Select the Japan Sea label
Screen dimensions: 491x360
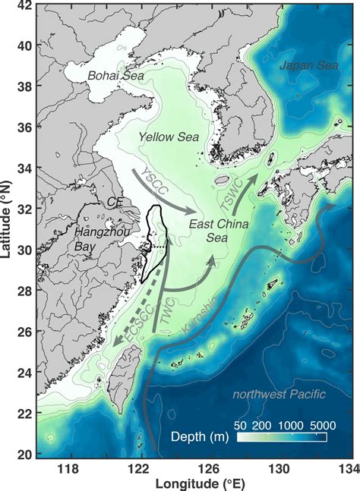click(x=307, y=66)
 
